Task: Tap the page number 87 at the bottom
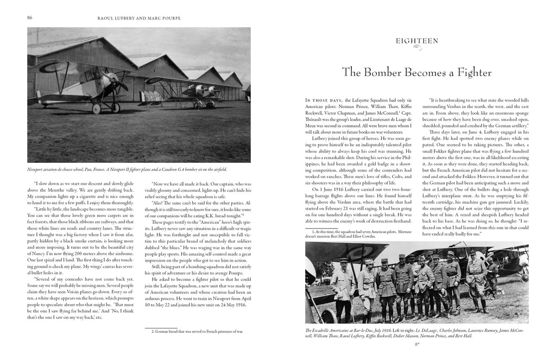coord(418,343)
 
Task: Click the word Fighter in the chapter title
coord(471,72)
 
